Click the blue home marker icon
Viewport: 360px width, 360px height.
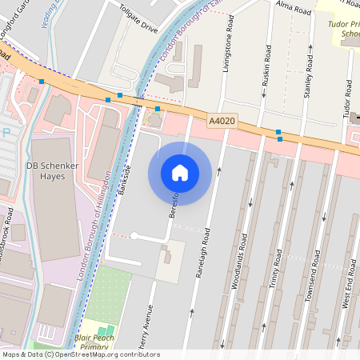coord(180,173)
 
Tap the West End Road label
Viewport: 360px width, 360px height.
coord(349,289)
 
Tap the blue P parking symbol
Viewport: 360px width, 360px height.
coord(7,132)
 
